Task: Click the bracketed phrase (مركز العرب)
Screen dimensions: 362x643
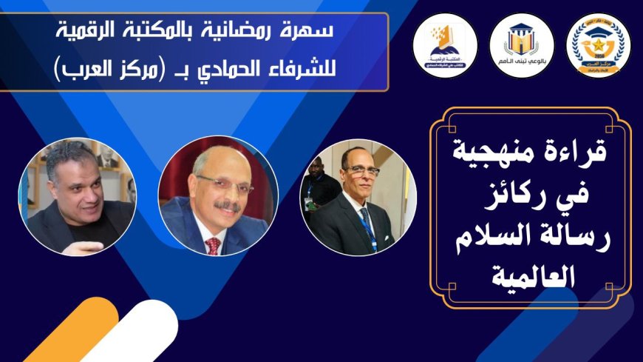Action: [x=92, y=73]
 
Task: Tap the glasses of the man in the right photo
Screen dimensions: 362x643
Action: [x=361, y=170]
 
